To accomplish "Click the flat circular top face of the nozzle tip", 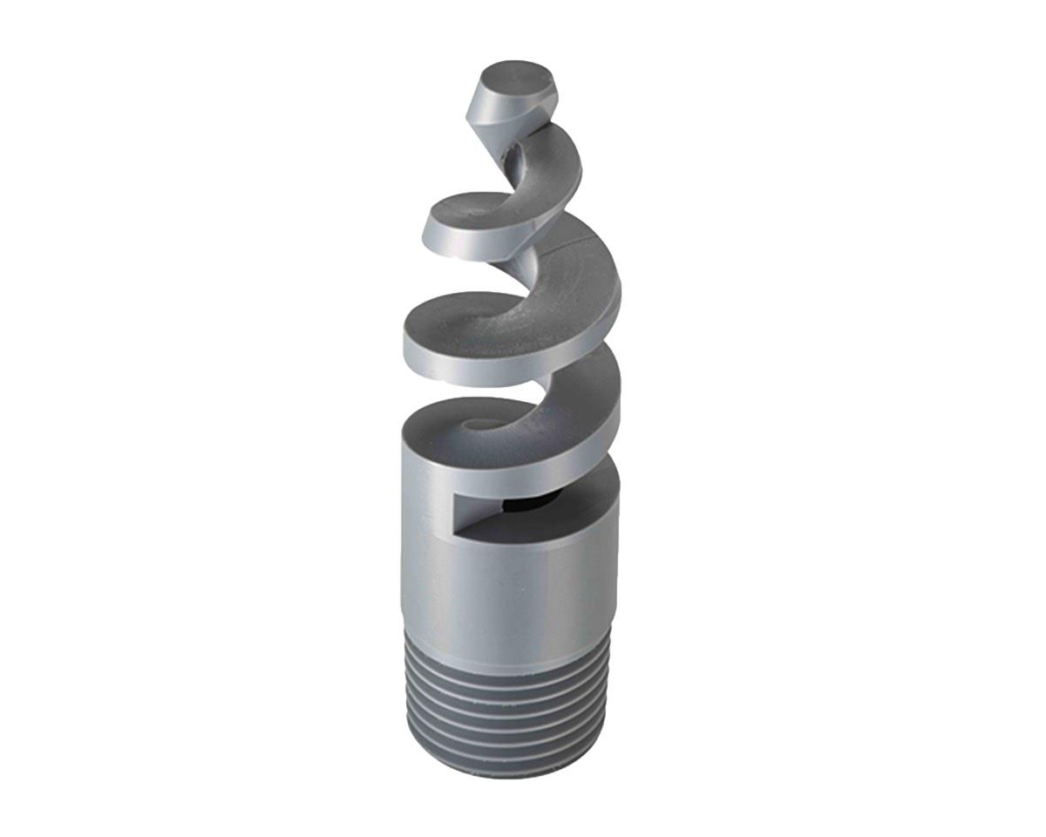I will (x=516, y=79).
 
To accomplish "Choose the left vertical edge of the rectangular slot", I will (x=453, y=514).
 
